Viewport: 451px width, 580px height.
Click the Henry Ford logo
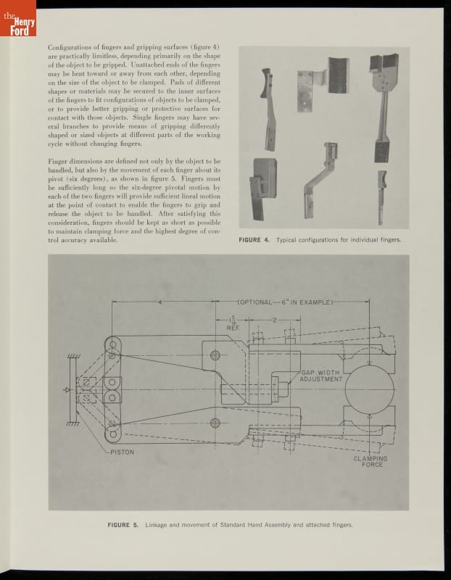19,22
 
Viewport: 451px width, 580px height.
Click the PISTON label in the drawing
123,452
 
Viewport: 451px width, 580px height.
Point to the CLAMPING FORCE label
370,461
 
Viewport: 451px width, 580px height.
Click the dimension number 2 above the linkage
275,319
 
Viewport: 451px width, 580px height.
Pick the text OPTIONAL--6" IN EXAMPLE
284,302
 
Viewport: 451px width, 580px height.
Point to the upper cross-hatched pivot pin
215,355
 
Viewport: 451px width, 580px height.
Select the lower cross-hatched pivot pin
215,422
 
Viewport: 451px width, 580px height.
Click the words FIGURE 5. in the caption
123,524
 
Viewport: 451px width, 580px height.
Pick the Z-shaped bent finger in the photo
320,181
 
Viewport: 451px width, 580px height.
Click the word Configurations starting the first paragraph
70,48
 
